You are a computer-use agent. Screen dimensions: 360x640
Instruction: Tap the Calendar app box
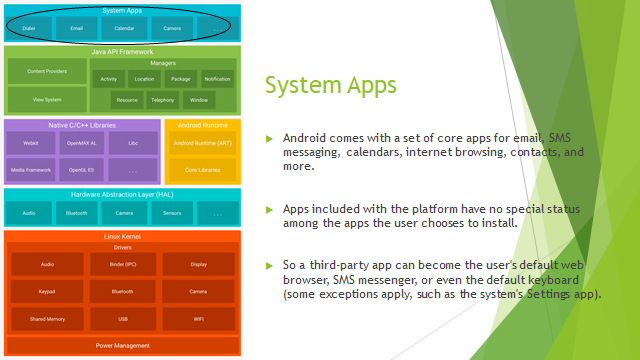[124, 28]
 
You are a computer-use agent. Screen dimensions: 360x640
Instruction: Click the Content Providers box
[46, 72]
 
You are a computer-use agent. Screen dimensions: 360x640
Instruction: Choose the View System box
[46, 100]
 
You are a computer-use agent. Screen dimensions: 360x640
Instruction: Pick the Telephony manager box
[163, 100]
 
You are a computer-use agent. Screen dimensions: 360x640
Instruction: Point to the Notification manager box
[217, 78]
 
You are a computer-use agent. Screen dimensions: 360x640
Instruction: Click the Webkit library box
[31, 144]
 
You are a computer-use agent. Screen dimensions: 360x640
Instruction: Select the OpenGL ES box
[81, 171]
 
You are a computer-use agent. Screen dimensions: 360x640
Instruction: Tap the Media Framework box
[31, 171]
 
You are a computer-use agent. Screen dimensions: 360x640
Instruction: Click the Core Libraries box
[203, 171]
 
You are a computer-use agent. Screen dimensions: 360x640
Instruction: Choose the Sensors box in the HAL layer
[171, 213]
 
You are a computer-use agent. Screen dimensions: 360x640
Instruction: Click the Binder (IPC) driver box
[122, 264]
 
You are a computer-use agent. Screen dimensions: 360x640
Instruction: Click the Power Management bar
[122, 346]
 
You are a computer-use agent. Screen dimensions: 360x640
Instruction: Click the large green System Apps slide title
[331, 87]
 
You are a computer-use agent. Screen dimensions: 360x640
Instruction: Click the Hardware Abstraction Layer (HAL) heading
[122, 194]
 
